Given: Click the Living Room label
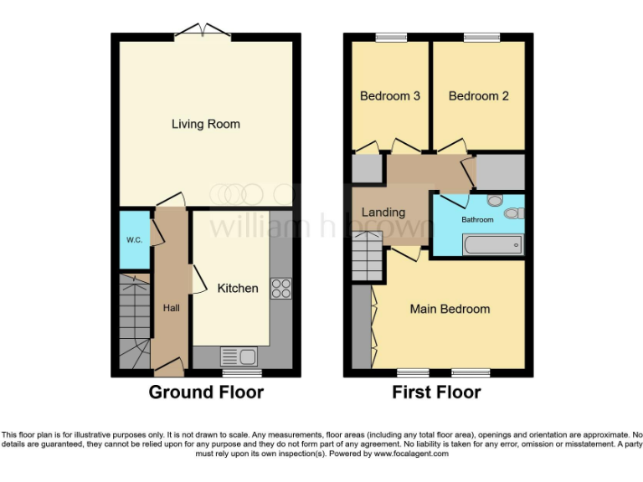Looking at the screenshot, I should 205,124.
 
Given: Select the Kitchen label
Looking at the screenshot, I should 238,288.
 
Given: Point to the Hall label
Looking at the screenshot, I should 171,308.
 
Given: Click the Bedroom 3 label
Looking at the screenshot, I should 389,95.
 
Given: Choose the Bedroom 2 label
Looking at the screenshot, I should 478,95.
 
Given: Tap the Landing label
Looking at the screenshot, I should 383,213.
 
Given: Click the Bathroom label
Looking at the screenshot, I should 477,219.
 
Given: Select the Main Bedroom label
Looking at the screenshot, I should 450,309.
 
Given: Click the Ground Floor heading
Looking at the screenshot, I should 206,392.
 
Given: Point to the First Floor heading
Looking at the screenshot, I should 436,392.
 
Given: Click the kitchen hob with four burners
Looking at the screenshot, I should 280,288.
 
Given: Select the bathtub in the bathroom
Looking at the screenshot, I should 492,244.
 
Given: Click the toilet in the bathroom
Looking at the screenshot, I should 494,201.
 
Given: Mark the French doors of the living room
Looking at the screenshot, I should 206,32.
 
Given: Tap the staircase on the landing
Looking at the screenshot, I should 366,256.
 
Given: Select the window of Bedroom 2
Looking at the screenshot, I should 481,36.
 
